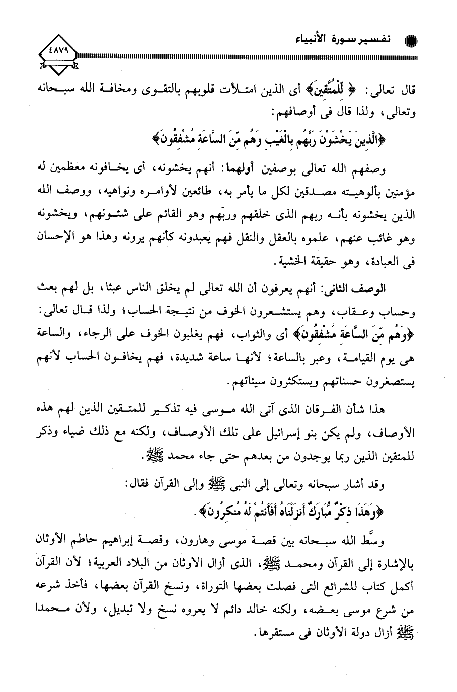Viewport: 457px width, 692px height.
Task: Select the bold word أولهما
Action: (x=254, y=170)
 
